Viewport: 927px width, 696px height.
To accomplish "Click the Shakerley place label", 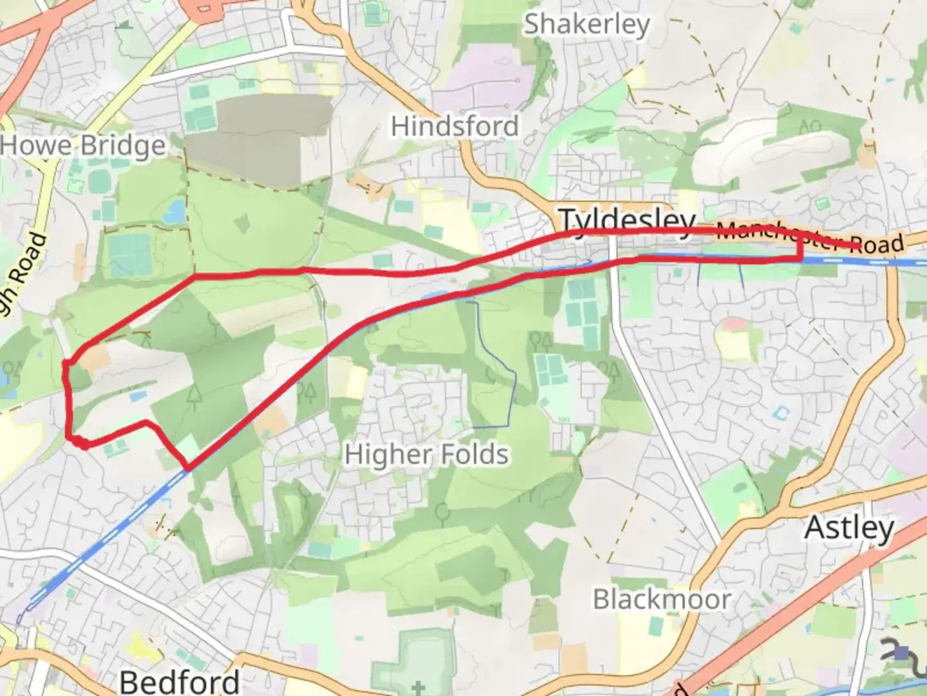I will tap(586, 25).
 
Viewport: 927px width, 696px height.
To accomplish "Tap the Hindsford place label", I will tap(454, 126).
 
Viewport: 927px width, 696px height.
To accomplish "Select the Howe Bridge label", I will tap(82, 146).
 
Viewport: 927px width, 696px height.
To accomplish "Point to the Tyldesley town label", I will tap(626, 221).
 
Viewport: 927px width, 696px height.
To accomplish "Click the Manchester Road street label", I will tap(810, 237).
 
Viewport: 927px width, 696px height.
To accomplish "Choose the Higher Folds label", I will tap(426, 454).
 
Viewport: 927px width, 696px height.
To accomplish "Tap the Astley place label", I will tap(849, 528).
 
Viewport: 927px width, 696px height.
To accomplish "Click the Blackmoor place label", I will tap(661, 599).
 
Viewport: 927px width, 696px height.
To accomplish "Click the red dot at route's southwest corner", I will tap(84, 443).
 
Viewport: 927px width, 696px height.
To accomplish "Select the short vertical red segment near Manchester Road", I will tap(801, 247).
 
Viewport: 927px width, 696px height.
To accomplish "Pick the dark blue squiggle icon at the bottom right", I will tap(901, 651).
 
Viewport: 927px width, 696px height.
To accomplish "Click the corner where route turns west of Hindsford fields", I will tap(195, 276).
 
